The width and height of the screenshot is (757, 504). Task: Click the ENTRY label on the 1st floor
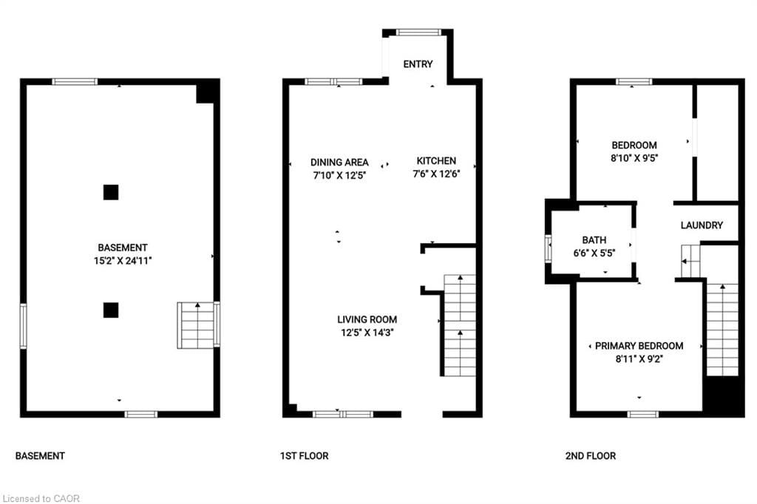click(x=418, y=64)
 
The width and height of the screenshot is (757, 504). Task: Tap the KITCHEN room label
click(x=436, y=161)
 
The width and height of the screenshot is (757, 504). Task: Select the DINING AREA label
click(x=339, y=163)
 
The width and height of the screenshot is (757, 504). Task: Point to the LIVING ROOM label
click(x=367, y=319)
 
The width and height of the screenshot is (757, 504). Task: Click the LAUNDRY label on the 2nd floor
click(x=702, y=225)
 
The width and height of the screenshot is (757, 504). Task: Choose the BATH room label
click(x=594, y=240)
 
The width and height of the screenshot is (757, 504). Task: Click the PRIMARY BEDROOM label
click(x=639, y=346)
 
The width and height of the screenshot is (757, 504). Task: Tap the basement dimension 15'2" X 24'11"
click(x=123, y=261)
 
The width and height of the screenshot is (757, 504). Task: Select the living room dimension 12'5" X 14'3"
click(x=367, y=333)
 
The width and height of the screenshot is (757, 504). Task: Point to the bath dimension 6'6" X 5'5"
click(x=594, y=253)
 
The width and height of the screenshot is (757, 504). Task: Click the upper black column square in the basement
click(x=110, y=192)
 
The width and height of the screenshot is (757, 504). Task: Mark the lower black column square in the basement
click(x=110, y=310)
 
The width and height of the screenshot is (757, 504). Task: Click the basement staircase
click(x=196, y=324)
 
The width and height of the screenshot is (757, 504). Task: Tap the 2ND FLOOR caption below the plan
click(x=590, y=456)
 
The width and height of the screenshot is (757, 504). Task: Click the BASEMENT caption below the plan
click(x=40, y=456)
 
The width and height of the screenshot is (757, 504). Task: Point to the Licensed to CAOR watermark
click(x=41, y=498)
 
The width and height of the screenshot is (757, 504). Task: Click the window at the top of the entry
click(x=418, y=32)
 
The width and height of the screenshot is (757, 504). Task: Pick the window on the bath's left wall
click(x=549, y=248)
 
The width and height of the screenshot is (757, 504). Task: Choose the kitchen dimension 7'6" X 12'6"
click(x=436, y=175)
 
